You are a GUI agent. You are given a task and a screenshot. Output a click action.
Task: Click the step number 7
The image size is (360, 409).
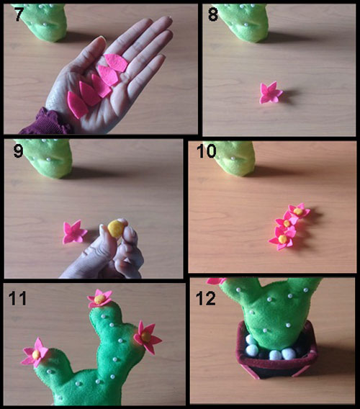click(x=19, y=14)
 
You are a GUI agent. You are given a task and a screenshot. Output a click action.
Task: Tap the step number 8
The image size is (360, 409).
click(x=213, y=14)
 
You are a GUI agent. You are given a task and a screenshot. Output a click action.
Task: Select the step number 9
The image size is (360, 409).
click(x=18, y=151)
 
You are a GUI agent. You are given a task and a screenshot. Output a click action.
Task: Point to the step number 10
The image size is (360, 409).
click(x=207, y=151)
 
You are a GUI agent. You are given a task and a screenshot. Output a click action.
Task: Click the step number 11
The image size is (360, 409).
click(x=17, y=298)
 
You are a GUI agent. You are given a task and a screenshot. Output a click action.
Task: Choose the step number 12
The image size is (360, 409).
click(x=206, y=298)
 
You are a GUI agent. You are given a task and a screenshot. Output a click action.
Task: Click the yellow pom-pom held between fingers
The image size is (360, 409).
click(x=116, y=228)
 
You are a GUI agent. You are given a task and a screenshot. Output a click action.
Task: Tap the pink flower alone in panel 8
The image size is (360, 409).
click(x=271, y=92)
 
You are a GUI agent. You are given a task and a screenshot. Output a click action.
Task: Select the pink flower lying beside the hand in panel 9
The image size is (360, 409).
click(x=74, y=232)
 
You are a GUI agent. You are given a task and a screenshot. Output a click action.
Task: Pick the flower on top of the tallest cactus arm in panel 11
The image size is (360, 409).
click(x=100, y=298)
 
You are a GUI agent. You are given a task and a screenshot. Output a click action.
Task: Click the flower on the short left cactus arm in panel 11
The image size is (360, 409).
click(x=35, y=353)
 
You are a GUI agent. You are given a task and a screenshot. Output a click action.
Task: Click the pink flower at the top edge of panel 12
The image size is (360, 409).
click(x=216, y=281)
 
